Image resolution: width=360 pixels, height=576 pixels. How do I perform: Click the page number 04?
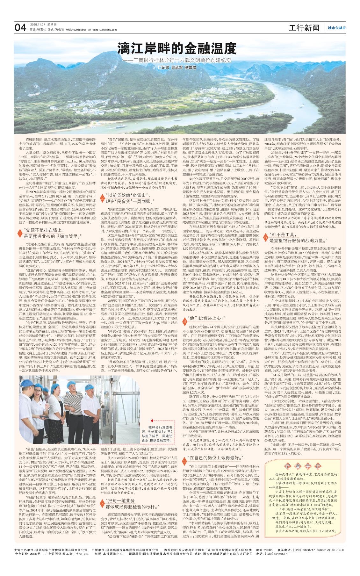pos(20,28)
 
